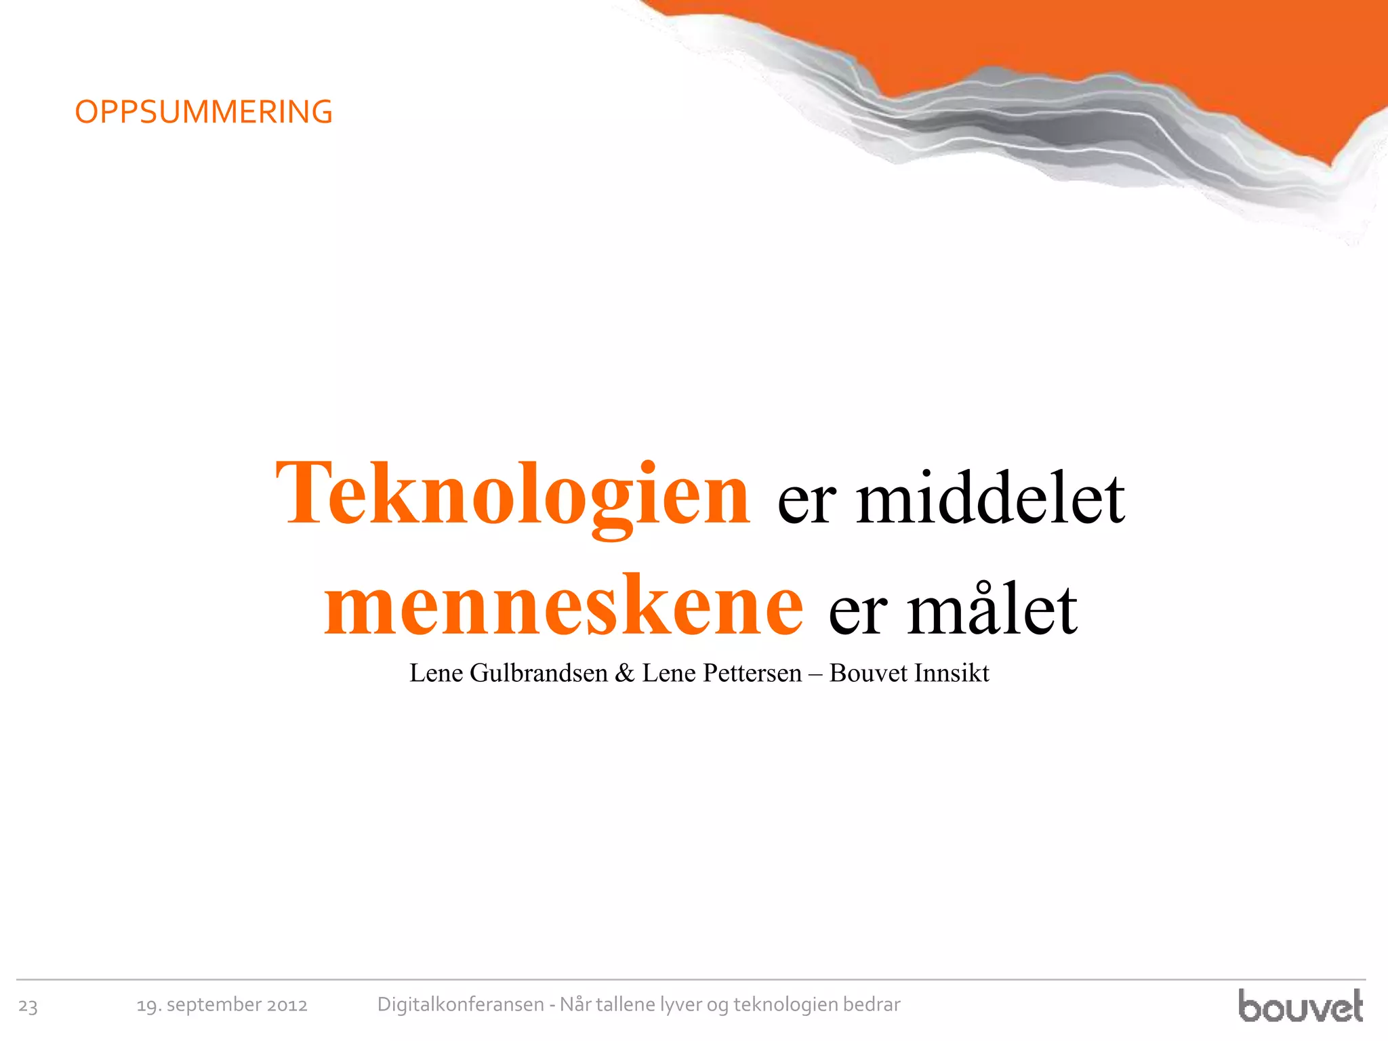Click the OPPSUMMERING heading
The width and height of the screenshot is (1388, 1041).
(x=203, y=113)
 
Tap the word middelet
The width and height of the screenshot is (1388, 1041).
(x=990, y=499)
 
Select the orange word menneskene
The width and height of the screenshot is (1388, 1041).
(x=563, y=607)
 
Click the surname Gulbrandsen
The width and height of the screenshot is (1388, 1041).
(x=539, y=673)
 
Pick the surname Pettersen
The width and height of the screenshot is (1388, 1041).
(x=752, y=673)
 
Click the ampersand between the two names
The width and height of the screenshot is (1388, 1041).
(x=624, y=673)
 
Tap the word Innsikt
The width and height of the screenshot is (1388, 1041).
(x=952, y=673)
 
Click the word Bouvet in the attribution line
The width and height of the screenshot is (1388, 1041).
(x=868, y=673)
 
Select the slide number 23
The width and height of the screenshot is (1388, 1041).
(x=28, y=1006)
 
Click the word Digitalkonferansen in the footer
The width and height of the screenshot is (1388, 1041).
(x=460, y=1004)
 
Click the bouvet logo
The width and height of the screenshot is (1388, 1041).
(x=1300, y=1006)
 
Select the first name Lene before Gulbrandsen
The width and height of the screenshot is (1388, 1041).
(x=436, y=673)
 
